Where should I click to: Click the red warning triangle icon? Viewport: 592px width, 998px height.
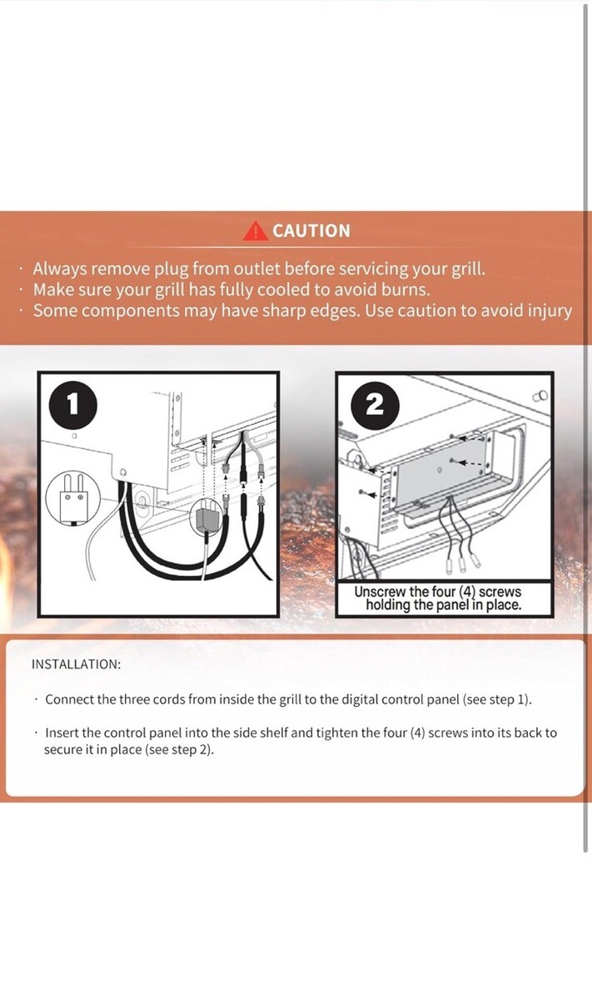point(256,231)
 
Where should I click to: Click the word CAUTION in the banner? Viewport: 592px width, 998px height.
point(311,231)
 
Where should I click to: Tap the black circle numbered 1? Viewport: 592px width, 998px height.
point(72,403)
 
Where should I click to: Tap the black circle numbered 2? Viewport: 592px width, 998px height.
point(376,405)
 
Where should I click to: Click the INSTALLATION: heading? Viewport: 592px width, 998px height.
point(77,665)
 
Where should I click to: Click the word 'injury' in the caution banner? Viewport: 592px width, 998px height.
point(550,311)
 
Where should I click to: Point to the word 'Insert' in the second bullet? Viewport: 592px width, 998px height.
point(62,733)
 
